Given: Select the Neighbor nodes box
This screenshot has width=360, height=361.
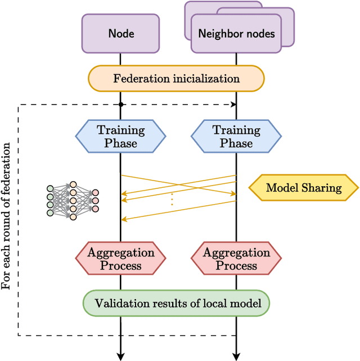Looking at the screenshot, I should pyautogui.click(x=236, y=34).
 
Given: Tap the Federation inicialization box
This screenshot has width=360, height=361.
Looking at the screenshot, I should pyautogui.click(x=176, y=79).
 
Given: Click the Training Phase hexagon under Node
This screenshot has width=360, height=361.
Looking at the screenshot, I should pyautogui.click(x=121, y=137).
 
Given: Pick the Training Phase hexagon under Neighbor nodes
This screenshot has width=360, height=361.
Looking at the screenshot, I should pyautogui.click(x=236, y=137).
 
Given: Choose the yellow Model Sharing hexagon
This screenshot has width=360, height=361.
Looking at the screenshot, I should pyautogui.click(x=304, y=188).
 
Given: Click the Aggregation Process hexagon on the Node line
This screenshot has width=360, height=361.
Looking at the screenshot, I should pyautogui.click(x=121, y=259).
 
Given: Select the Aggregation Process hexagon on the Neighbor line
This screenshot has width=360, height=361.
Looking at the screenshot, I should pyautogui.click(x=236, y=259).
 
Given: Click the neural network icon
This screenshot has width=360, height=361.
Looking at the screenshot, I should pyautogui.click(x=73, y=200).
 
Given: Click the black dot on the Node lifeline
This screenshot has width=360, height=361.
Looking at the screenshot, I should pyautogui.click(x=121, y=105).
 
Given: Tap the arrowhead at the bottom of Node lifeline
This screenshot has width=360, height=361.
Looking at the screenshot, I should pyautogui.click(x=121, y=356).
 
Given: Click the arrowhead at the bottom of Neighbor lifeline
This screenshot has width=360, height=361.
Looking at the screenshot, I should pyautogui.click(x=236, y=356).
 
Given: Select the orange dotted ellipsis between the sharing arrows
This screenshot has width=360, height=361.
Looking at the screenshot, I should pyautogui.click(x=172, y=200).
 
